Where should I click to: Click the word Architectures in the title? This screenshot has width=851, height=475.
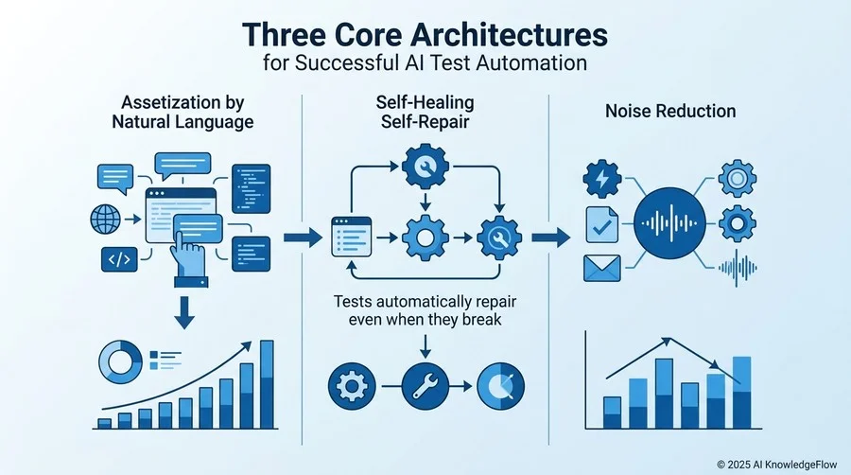pos(509,35)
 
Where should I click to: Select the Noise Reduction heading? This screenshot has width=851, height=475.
pos(670,112)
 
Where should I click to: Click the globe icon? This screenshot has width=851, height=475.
pos(105,220)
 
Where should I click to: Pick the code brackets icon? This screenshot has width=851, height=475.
pos(119,259)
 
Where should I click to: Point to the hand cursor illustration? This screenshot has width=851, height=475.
pos(188,258)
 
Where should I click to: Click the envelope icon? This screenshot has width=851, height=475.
pos(602,268)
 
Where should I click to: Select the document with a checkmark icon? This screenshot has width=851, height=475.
pos(602,225)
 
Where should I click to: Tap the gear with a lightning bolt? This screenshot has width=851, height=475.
pos(602,179)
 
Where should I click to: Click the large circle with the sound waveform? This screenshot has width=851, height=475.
pos(670,223)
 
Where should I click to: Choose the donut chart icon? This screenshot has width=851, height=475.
pos(120,362)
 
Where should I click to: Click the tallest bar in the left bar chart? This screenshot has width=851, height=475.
pos(267,384)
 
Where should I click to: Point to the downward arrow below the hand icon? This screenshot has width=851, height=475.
pos(184,312)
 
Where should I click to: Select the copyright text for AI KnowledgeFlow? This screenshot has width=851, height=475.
pos(776,465)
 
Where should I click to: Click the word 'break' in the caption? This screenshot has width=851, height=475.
pos(481,320)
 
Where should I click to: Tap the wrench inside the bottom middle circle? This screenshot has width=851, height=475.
pos(425,386)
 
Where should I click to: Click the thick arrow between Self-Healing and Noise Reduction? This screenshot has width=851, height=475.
pos(551,237)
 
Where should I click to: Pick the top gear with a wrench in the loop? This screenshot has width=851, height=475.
pos(425,167)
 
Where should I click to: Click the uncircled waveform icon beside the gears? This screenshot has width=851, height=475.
pos(738,268)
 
